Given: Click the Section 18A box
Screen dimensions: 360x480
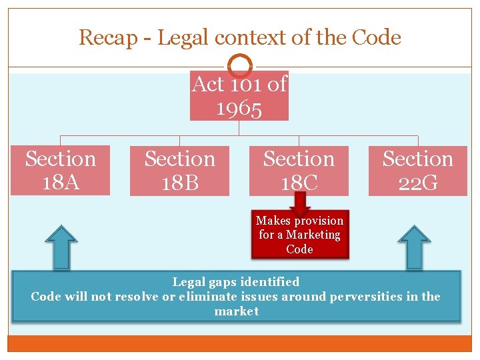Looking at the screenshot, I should pos(60,170).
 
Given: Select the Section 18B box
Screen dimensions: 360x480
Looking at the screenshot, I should pos(179,171).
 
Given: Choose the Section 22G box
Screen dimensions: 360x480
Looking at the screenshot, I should pos(418,171).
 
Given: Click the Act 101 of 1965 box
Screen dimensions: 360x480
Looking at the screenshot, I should pos(239,96).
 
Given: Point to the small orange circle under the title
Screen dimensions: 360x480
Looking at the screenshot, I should pos(240,66).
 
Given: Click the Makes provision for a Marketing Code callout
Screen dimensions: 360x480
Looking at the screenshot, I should pos(299,235).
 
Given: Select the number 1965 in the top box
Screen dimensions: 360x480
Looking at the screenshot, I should pos(239,108).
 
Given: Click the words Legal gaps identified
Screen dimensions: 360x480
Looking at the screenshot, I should pos(236,282).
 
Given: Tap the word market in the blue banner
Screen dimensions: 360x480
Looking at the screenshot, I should pos(236,311).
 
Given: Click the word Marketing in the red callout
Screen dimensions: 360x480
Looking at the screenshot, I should pos(313,235).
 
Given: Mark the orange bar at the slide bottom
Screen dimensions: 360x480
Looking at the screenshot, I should pos(239,343).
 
